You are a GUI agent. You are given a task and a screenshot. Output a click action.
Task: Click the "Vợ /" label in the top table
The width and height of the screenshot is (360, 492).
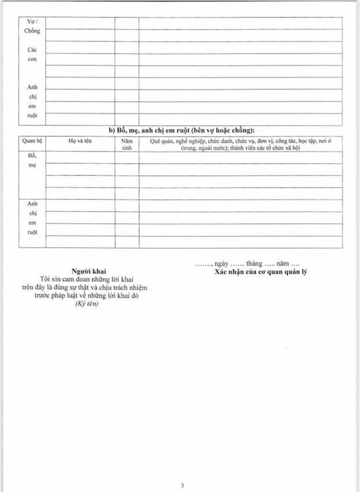pos(32,21)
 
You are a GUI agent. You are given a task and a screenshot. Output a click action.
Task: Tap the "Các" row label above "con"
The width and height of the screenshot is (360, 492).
pos(32,50)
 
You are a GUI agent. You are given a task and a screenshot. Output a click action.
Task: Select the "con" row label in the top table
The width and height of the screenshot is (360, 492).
pos(32,60)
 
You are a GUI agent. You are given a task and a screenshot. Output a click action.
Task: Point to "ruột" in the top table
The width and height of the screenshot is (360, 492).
pos(32,116)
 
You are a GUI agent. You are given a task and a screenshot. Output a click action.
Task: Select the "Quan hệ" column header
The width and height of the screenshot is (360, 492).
pos(32,140)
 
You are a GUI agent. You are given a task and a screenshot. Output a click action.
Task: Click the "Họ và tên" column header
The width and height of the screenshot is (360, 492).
pos(80,140)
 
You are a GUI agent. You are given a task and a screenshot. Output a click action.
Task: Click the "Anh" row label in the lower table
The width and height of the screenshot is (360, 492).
pos(32,203)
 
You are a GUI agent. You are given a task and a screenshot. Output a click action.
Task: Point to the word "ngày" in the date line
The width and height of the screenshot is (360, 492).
pos(222,264)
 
